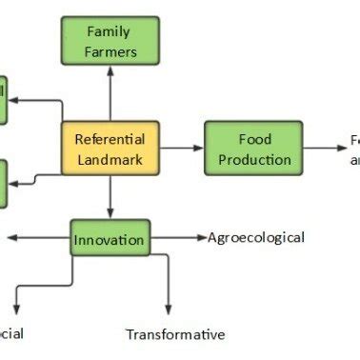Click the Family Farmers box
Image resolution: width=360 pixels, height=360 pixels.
click(x=109, y=40)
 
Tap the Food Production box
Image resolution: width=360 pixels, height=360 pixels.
click(x=252, y=148)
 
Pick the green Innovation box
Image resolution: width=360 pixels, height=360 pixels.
click(x=110, y=238)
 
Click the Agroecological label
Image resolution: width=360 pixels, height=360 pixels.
click(x=256, y=237)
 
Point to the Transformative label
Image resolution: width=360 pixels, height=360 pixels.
click(x=175, y=334)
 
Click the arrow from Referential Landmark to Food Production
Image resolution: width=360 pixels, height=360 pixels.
click(x=180, y=148)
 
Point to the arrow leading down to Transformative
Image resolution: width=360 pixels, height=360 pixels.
click(x=169, y=286)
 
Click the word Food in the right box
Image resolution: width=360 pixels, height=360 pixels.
click(x=252, y=138)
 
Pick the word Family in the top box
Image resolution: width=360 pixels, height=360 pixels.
click(x=109, y=30)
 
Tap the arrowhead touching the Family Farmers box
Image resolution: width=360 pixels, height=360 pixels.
click(x=110, y=70)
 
